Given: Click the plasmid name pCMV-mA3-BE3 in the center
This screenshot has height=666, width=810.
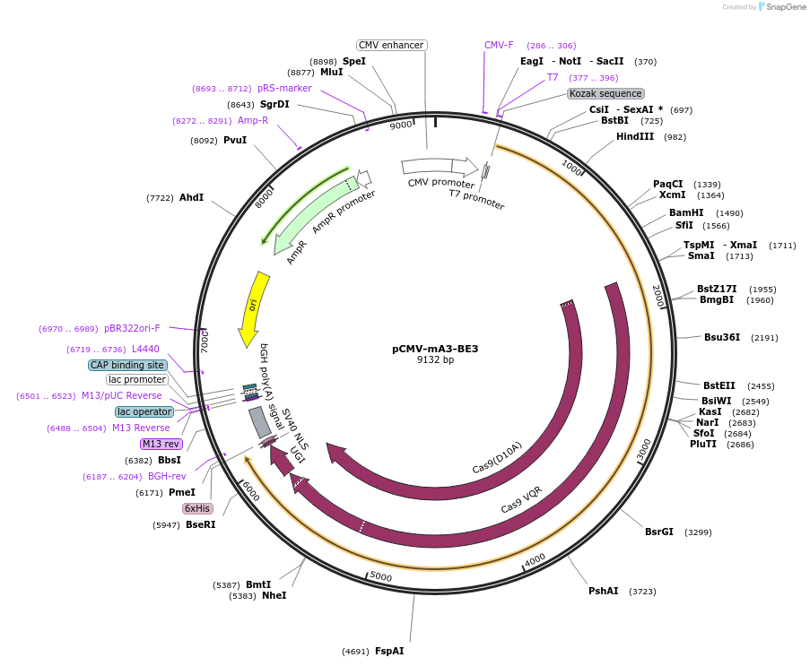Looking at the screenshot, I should pyautogui.click(x=435, y=349).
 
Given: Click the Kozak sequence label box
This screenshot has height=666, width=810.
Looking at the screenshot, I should pyautogui.click(x=605, y=93).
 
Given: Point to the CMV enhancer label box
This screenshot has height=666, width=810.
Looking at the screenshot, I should pyautogui.click(x=391, y=45).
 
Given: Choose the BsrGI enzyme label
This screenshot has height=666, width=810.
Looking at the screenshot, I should pyautogui.click(x=658, y=532).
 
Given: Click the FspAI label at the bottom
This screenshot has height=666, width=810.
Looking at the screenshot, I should pyautogui.click(x=389, y=651).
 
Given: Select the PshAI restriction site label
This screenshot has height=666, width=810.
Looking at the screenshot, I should pyautogui.click(x=603, y=591).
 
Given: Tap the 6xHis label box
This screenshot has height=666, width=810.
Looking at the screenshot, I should pyautogui.click(x=197, y=508).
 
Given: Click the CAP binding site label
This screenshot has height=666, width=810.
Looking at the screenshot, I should pyautogui.click(x=127, y=365).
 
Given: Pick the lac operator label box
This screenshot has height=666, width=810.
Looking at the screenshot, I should pyautogui.click(x=144, y=411).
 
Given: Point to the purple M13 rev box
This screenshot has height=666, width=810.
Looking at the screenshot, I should pyautogui.click(x=161, y=444).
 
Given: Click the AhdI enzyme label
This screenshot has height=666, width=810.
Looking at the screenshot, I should pyautogui.click(x=191, y=197).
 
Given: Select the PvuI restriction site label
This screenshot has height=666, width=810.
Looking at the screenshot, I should pyautogui.click(x=235, y=140).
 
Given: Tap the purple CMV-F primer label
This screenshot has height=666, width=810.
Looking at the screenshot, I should pyautogui.click(x=499, y=45).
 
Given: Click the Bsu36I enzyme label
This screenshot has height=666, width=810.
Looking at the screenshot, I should pyautogui.click(x=722, y=337).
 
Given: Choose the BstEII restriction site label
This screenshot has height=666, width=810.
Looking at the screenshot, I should pyautogui.click(x=719, y=385).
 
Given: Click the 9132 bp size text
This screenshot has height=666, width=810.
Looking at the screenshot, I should pyautogui.click(x=435, y=360).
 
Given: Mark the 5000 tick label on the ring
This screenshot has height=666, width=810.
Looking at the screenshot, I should pyautogui.click(x=381, y=576).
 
